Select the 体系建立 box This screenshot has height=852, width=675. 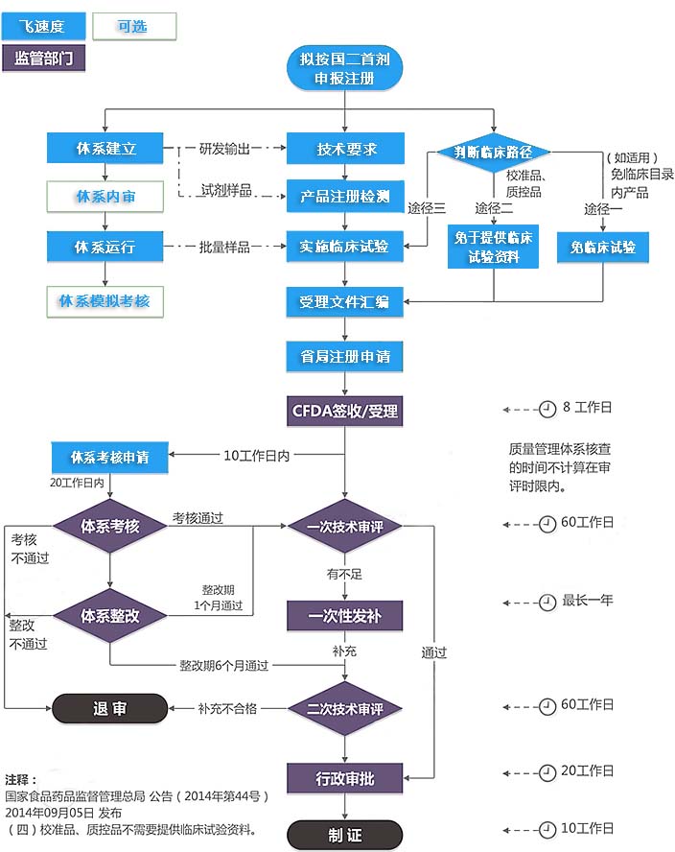(x=105, y=149)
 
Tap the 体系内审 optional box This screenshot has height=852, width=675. (x=105, y=197)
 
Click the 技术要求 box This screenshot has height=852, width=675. (x=346, y=149)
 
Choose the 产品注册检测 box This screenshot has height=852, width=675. (x=346, y=197)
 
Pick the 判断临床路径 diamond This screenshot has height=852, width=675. (x=493, y=152)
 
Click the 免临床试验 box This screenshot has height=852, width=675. (x=602, y=248)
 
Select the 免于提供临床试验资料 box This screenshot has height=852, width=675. (x=494, y=247)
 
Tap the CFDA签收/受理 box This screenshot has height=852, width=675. (x=345, y=413)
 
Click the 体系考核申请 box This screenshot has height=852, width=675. (x=108, y=456)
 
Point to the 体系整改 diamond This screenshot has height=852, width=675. (x=110, y=616)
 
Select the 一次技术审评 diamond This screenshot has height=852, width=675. (x=345, y=526)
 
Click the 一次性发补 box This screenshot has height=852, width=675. (x=345, y=616)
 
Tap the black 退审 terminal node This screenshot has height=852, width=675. (x=109, y=709)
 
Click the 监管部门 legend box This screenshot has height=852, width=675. (x=44, y=58)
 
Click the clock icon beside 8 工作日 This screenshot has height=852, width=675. (x=547, y=409)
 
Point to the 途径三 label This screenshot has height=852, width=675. (x=426, y=209)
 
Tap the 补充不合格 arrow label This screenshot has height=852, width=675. (x=227, y=709)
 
